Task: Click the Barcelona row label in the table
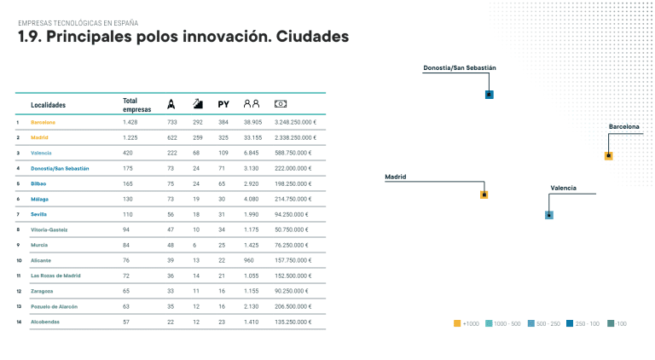(43, 122)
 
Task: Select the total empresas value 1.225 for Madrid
(130, 137)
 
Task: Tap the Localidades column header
(48, 105)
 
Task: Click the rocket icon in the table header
(171, 104)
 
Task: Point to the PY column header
(223, 104)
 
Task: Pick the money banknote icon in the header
(280, 104)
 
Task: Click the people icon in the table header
(251, 104)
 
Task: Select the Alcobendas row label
(45, 322)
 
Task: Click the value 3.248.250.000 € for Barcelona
(295, 122)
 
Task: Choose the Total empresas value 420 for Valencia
(129, 153)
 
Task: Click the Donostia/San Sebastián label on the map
(460, 67)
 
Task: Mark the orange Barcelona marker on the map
(608, 155)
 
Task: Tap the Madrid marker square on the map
(484, 195)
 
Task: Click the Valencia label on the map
(563, 187)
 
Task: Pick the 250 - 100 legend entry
(584, 323)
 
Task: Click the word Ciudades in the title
(313, 38)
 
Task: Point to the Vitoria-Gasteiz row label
(49, 229)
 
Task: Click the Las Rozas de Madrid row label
(55, 276)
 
